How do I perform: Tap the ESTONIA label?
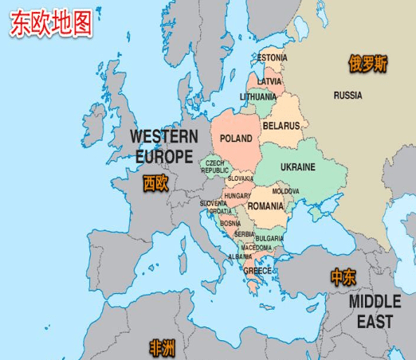[273, 57]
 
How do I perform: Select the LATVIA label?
[269, 81]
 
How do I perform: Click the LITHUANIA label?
[258, 97]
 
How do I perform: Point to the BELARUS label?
[281, 126]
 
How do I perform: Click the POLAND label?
[236, 138]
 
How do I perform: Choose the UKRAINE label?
[297, 167]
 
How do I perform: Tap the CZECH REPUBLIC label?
[215, 166]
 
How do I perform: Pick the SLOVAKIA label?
[240, 178]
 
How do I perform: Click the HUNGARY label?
[237, 196]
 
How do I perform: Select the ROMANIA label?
[265, 205]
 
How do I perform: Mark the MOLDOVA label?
[286, 191]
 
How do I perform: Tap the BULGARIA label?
[269, 238]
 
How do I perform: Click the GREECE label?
[257, 271]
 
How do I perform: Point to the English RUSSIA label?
[347, 96]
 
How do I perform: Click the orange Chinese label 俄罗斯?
[367, 65]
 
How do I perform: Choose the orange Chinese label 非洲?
[163, 346]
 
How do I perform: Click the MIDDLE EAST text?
[375, 311]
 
